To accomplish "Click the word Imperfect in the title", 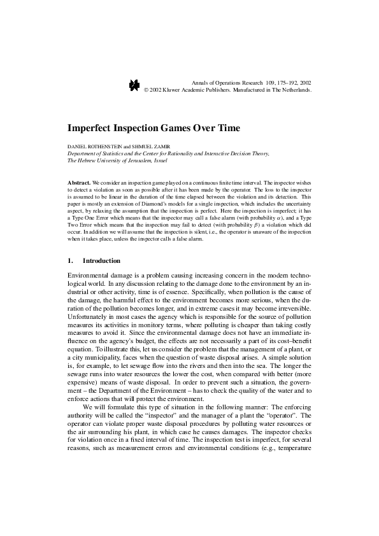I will pos(93,128).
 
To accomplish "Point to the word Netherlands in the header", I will pos(294,90).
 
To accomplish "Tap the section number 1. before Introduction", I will pos(70,261).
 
